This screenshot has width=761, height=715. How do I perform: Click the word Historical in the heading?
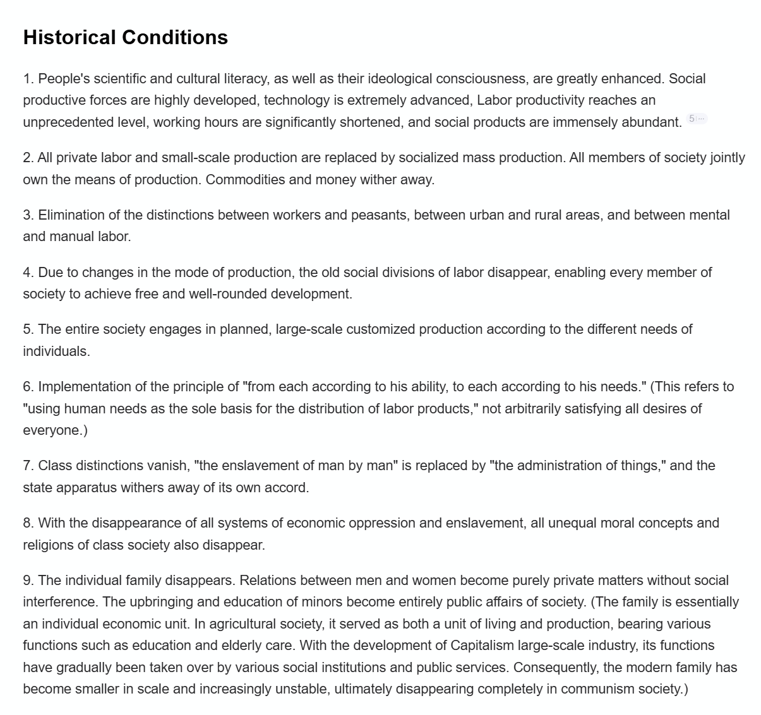69,37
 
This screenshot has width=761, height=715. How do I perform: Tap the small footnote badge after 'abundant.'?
697,119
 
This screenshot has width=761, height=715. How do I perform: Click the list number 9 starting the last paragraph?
27,580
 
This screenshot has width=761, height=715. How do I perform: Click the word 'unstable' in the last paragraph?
299,689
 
